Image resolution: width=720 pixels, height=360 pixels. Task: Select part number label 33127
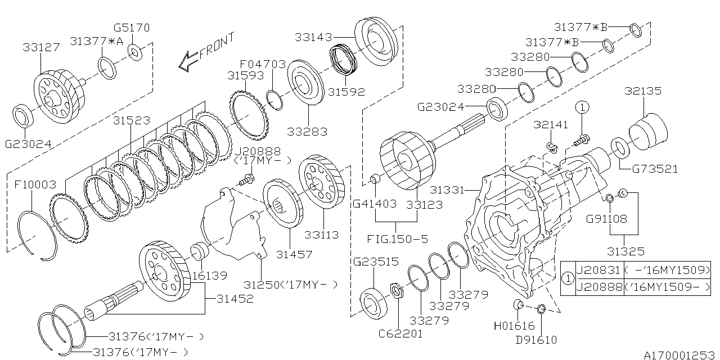click(x=41, y=48)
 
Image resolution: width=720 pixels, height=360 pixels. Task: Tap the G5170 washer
click(x=135, y=53)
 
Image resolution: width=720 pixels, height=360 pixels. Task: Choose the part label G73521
click(x=655, y=169)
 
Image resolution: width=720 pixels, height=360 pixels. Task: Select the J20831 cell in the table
click(x=599, y=270)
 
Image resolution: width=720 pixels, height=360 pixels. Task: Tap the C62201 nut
click(x=396, y=291)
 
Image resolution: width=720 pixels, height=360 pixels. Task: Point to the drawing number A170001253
click(x=679, y=354)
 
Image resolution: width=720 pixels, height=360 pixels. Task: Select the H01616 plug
click(x=519, y=305)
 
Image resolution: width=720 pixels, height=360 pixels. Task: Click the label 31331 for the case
click(x=448, y=191)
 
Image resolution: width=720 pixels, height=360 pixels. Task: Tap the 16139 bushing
click(x=200, y=251)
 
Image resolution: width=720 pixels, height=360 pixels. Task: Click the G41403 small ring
click(x=375, y=179)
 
